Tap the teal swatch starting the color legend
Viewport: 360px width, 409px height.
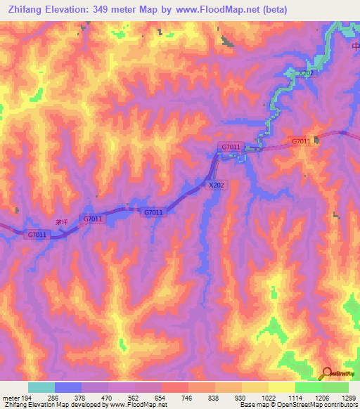[x=41, y=387]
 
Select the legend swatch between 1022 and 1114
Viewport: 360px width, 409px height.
[x=281, y=387]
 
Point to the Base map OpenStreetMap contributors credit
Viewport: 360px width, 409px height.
[x=298, y=405]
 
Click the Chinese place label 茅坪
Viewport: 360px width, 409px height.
[x=62, y=221]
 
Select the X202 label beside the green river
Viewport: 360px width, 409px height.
[x=304, y=74]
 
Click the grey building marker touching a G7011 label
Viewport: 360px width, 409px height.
[x=316, y=141]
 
